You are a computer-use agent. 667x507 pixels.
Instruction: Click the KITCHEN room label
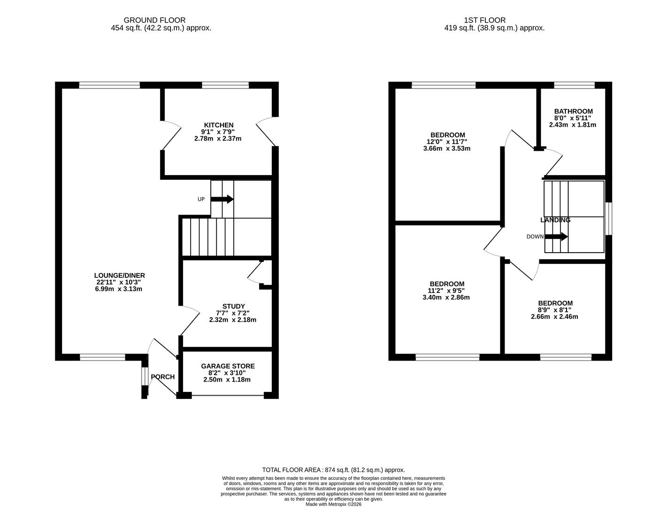click(x=218, y=125)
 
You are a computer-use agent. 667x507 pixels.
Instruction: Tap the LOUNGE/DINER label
click(x=119, y=276)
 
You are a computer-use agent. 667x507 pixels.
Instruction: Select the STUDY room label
click(x=233, y=306)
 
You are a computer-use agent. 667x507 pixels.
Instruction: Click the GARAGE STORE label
click(x=228, y=366)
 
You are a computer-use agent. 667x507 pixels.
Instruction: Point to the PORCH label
click(x=162, y=377)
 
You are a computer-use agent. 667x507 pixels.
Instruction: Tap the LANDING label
click(x=555, y=220)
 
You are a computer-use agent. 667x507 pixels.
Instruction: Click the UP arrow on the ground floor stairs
click(x=222, y=199)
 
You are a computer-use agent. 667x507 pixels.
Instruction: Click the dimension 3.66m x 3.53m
click(x=446, y=148)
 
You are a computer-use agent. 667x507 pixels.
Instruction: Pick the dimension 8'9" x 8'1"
click(x=554, y=310)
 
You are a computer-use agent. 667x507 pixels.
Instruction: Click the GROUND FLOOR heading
click(x=154, y=20)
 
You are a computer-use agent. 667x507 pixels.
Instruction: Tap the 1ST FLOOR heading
click(x=484, y=20)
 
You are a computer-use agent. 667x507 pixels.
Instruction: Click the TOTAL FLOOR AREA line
click(x=333, y=469)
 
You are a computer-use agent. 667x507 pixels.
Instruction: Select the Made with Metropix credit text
click(x=333, y=504)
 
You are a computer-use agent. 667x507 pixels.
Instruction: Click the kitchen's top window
click(x=225, y=85)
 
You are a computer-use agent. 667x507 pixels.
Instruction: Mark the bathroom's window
click(x=574, y=85)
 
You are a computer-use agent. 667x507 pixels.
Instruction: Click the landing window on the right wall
click(x=608, y=218)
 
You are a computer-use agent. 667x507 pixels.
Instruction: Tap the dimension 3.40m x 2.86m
click(x=446, y=297)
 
